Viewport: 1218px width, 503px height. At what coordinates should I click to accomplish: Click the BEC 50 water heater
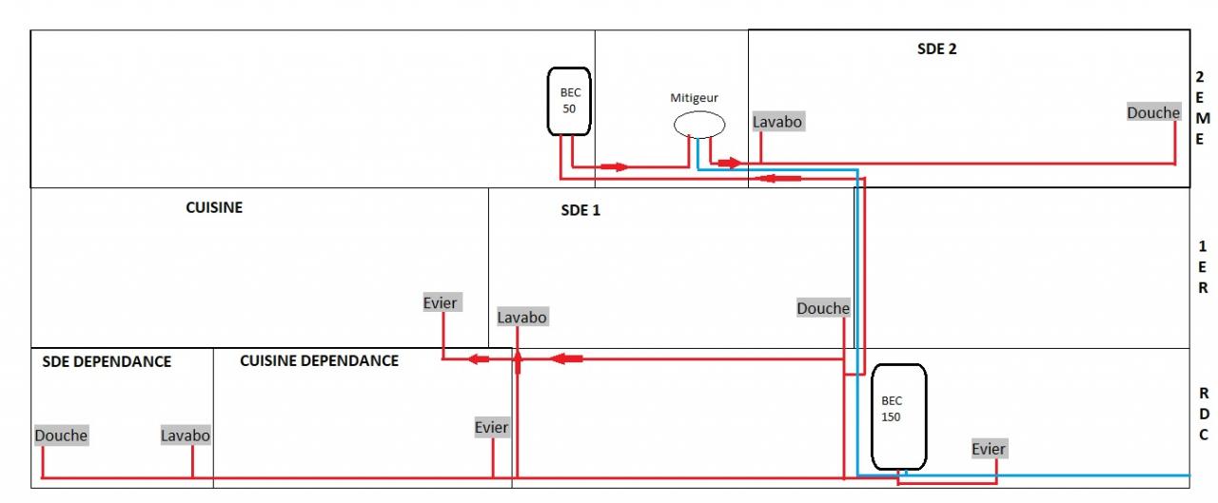pyautogui.click(x=570, y=101)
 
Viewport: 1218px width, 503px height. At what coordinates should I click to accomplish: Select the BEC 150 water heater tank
pyautogui.click(x=898, y=416)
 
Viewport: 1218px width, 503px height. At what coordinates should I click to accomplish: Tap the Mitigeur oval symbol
pyautogui.click(x=699, y=125)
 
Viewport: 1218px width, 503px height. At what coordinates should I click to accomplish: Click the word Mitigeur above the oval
pyautogui.click(x=695, y=97)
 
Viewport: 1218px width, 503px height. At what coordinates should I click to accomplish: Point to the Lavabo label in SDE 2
pyautogui.click(x=777, y=122)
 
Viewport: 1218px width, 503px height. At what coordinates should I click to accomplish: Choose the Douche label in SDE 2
pyautogui.click(x=1153, y=112)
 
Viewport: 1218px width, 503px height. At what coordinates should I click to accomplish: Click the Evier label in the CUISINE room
pyautogui.click(x=441, y=303)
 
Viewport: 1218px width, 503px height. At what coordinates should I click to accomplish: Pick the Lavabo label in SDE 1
pyautogui.click(x=522, y=317)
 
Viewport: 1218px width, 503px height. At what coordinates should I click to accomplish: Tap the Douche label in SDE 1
pyautogui.click(x=823, y=308)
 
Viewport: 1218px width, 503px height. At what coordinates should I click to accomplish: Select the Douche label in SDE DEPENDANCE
pyautogui.click(x=61, y=435)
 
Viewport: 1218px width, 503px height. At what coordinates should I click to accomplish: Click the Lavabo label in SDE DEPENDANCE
pyautogui.click(x=186, y=435)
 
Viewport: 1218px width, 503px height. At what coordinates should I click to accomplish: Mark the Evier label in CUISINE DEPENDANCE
pyautogui.click(x=492, y=428)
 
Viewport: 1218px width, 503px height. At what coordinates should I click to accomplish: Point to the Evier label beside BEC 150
pyautogui.click(x=989, y=449)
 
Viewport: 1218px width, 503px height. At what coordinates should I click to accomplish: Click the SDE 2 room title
pyautogui.click(x=936, y=49)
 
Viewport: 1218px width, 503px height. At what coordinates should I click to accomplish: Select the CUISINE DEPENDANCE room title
pyautogui.click(x=319, y=361)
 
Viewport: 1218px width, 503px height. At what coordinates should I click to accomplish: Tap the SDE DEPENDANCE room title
pyautogui.click(x=107, y=361)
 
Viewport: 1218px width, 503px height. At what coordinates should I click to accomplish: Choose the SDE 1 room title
pyautogui.click(x=580, y=210)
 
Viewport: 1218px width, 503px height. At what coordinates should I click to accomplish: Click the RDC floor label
pyautogui.click(x=1204, y=414)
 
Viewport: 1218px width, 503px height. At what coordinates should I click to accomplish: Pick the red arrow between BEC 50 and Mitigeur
pyautogui.click(x=614, y=166)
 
